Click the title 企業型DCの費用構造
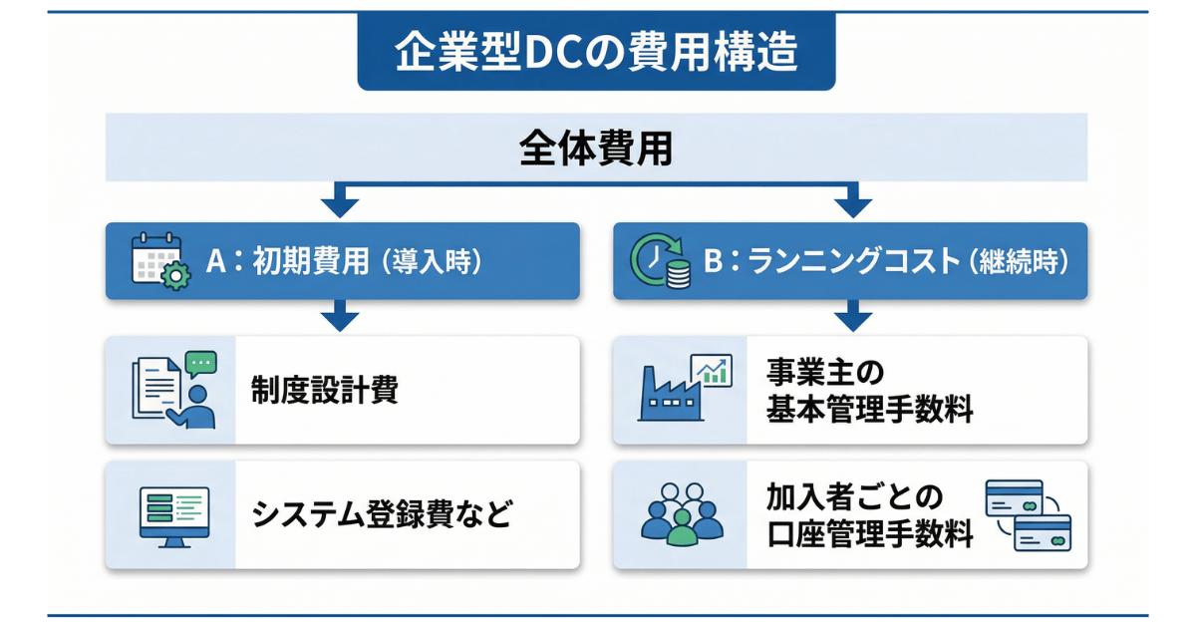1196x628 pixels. click(x=596, y=53)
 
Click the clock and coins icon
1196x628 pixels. click(x=661, y=262)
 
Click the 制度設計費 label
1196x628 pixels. click(x=325, y=391)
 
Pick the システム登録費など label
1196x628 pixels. click(x=382, y=515)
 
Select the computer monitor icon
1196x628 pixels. click(x=172, y=515)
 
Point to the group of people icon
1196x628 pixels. click(x=681, y=514)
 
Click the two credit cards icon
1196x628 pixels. click(x=1027, y=515)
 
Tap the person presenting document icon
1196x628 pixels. click(x=174, y=390)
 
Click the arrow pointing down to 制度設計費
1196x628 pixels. click(x=341, y=318)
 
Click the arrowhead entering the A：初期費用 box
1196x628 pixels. click(x=341, y=206)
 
